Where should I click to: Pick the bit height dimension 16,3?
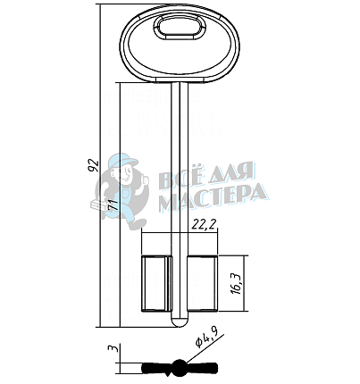[236, 283]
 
